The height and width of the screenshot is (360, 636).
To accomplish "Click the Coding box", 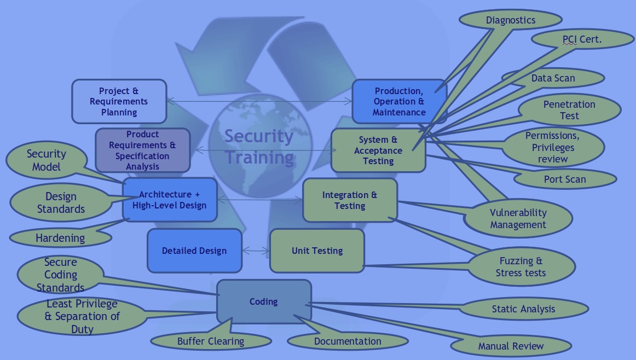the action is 264,301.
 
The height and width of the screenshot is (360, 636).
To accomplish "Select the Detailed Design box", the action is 194,251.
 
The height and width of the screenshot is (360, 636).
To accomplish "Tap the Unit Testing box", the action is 317,251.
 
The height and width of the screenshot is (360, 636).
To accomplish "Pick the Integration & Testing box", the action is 350,200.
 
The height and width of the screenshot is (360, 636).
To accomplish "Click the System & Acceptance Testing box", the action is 378,150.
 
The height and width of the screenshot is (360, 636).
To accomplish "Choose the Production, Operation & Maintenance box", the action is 400,101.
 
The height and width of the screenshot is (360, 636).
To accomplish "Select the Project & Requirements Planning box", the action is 119,101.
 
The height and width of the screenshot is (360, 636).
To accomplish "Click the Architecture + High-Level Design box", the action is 170,200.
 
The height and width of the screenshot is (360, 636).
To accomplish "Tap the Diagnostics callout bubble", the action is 511,20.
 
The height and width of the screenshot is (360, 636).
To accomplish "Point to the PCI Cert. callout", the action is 582,39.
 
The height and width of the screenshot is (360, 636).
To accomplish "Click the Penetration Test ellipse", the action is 569,110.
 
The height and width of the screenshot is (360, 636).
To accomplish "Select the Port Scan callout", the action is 565,179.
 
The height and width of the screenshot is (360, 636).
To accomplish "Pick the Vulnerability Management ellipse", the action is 518,218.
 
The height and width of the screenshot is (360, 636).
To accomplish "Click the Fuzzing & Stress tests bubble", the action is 521,267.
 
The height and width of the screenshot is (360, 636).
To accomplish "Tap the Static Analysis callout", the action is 524,309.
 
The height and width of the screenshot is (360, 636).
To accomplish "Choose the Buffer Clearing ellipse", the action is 211,341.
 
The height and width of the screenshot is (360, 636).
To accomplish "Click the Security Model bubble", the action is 47,160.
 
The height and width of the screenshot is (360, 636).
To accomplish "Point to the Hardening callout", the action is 60,237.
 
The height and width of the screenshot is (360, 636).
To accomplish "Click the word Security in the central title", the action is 259,137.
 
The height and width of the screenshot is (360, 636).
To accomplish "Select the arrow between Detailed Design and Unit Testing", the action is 256,251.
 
